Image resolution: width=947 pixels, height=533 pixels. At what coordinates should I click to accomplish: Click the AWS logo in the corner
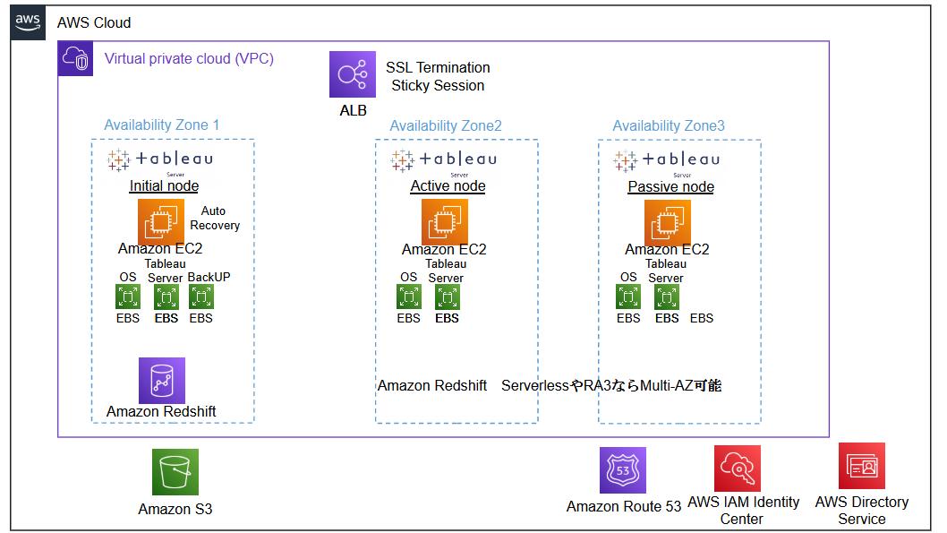(x=27, y=22)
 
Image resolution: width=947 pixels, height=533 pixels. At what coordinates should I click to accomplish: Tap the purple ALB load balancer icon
(x=352, y=74)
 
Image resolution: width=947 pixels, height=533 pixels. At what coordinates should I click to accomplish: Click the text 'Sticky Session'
(x=438, y=86)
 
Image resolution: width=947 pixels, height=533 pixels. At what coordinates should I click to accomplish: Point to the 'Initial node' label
(x=164, y=186)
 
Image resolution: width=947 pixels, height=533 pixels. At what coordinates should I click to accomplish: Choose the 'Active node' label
(x=448, y=186)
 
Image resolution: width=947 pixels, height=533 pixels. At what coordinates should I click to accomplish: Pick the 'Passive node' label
(x=670, y=186)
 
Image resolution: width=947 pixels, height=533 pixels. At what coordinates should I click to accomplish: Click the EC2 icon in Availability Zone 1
(x=161, y=221)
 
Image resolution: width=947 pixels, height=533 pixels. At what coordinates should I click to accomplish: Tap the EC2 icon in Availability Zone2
(x=445, y=221)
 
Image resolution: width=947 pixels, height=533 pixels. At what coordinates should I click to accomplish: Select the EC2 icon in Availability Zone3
(x=668, y=221)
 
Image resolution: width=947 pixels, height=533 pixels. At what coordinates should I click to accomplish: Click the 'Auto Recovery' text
(x=214, y=219)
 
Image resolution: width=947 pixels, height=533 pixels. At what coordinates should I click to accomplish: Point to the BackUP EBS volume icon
(x=200, y=297)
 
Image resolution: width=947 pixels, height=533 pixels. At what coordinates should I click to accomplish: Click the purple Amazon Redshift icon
(x=161, y=381)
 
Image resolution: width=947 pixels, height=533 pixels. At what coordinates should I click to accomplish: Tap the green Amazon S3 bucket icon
(x=175, y=472)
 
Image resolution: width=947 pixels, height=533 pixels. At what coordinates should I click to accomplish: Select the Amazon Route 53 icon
(x=623, y=470)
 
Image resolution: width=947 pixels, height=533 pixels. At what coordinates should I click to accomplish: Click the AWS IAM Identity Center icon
(x=738, y=469)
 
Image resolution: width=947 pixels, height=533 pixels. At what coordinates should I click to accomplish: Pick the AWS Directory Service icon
(x=861, y=466)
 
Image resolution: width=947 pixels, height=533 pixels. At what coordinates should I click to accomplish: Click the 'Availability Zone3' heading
(x=668, y=126)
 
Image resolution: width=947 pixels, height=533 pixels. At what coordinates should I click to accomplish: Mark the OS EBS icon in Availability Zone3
(x=628, y=297)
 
